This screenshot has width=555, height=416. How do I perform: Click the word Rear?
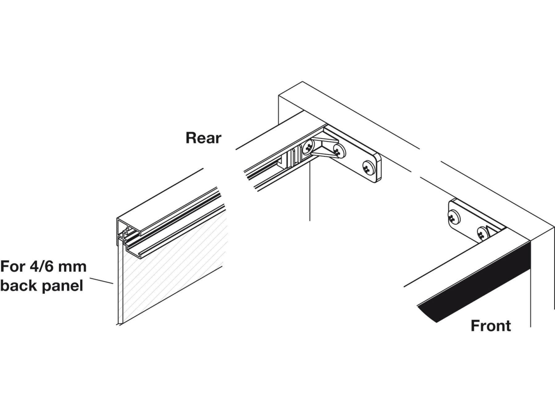tap(203, 138)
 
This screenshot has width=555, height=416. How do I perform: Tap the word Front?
tap(491, 326)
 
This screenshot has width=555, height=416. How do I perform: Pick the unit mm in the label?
tap(74, 267)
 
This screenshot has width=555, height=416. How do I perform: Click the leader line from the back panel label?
tap(101, 281)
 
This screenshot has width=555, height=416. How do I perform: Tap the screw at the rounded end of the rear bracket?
tap(368, 168)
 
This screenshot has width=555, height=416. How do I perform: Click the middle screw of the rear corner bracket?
tap(339, 151)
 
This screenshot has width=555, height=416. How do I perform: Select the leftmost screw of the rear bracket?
tap(308, 147)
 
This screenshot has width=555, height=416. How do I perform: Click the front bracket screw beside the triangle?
tap(482, 234)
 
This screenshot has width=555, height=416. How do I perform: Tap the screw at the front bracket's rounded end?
tap(454, 217)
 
